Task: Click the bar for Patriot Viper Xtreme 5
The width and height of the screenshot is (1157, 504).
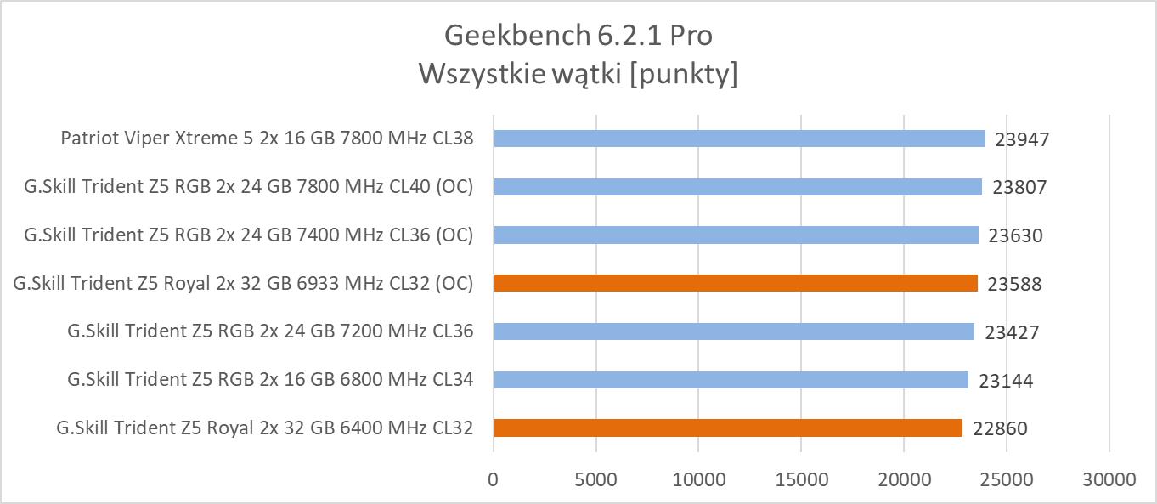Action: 739,139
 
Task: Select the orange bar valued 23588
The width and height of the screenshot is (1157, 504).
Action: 736,283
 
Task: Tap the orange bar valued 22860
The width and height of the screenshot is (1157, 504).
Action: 728,428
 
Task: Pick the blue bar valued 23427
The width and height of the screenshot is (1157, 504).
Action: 734,331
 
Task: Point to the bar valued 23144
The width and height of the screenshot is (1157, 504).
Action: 731,380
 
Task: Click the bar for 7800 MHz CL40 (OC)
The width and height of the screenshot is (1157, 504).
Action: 737,187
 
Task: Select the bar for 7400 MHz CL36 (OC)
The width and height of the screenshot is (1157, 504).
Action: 736,235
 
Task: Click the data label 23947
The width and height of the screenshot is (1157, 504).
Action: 1022,139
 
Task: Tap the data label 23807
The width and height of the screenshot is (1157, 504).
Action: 1019,187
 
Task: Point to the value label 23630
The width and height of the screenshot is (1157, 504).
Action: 1015,235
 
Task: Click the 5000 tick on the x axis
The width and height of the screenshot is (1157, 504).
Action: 595,479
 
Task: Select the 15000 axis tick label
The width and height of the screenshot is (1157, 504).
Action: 801,479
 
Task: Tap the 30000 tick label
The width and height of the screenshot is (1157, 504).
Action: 1109,479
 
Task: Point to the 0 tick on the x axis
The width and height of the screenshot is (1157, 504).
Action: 494,479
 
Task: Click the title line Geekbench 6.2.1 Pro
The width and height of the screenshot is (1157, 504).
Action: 578,36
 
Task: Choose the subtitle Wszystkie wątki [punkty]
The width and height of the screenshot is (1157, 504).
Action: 578,75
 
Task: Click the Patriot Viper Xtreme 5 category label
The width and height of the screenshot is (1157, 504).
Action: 267,139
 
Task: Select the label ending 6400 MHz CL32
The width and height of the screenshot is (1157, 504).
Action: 264,428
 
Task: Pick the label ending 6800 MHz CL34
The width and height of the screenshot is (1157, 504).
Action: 270,380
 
